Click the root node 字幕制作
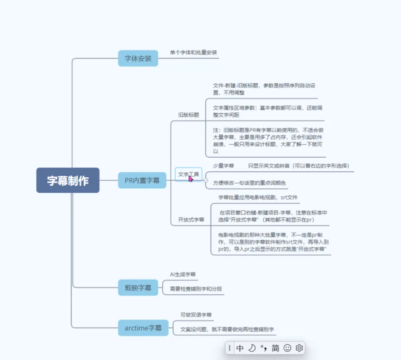(x=68, y=180)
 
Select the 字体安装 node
(x=138, y=58)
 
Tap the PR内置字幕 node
(x=142, y=180)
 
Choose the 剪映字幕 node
(x=138, y=288)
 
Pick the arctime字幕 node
(x=143, y=328)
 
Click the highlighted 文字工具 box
(x=188, y=174)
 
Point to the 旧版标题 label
(x=188, y=115)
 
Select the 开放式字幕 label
(x=191, y=220)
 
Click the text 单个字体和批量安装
(x=193, y=52)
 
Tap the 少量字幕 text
(x=223, y=166)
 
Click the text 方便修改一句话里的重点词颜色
(x=249, y=183)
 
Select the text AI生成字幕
(x=183, y=274)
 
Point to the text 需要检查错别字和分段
(x=196, y=289)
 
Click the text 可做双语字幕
(x=196, y=315)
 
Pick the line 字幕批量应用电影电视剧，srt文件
(x=258, y=197)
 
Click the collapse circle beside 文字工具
(x=206, y=180)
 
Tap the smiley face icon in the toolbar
(x=287, y=348)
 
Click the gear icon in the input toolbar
(x=299, y=348)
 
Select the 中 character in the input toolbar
(x=240, y=348)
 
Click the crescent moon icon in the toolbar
(x=252, y=348)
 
